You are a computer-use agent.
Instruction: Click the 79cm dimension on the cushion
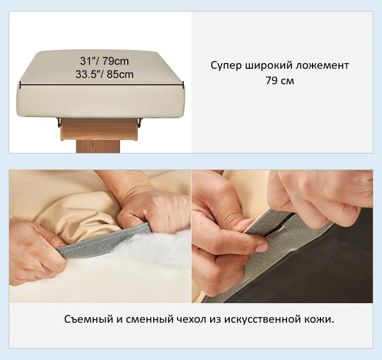[x=115, y=61]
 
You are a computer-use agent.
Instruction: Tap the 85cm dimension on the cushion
[x=120, y=74]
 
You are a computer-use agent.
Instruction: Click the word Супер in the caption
[x=226, y=66]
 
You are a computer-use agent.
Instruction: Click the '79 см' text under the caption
[x=280, y=81]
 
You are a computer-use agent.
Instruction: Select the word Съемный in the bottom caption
[x=89, y=319]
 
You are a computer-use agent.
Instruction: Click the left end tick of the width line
[x=21, y=85]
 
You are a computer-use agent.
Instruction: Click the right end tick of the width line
[x=183, y=85]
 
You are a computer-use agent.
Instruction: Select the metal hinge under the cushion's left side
[x=58, y=122]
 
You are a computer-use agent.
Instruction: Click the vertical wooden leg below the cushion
[x=98, y=146]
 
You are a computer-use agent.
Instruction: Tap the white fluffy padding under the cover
[x=156, y=246]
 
